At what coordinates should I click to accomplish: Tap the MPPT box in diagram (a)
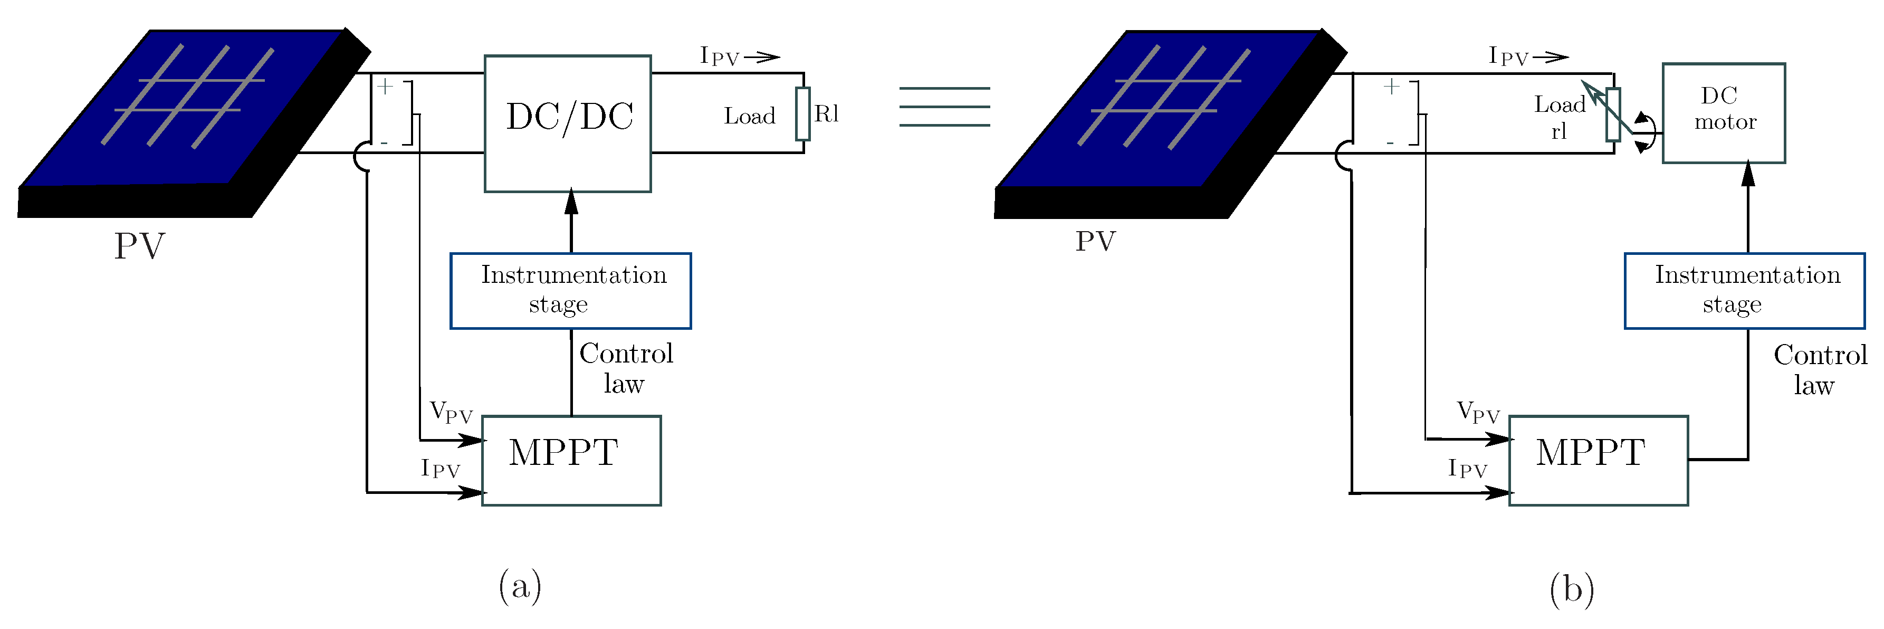tap(571, 460)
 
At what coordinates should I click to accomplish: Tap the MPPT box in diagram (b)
tap(1598, 460)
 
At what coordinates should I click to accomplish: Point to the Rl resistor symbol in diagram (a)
tap(803, 113)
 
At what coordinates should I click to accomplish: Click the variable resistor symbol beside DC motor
tap(1613, 115)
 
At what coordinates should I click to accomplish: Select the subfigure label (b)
tap(1571, 589)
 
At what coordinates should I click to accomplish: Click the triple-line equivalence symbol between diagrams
tap(944, 107)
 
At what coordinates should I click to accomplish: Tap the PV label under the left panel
tap(139, 246)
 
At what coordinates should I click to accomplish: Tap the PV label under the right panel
tap(1095, 241)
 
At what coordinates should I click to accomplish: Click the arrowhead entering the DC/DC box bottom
tap(571, 202)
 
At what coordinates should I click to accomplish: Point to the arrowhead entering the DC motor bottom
tap(1748, 173)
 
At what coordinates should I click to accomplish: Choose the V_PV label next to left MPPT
tap(451, 412)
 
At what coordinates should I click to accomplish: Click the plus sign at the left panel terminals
tap(386, 87)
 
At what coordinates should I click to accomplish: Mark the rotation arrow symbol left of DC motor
tap(1643, 132)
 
